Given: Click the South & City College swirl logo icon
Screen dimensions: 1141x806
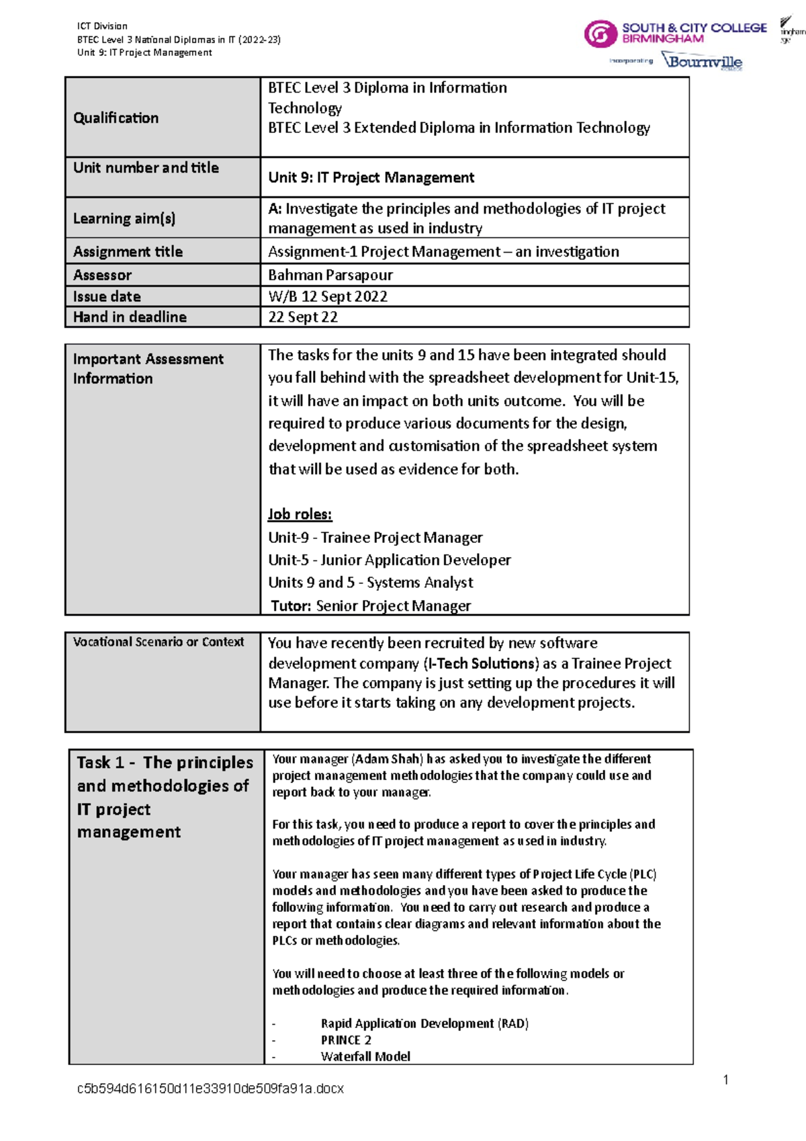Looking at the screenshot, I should pyautogui.click(x=600, y=34).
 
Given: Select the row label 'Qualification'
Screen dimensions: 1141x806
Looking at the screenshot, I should pyautogui.click(x=116, y=118).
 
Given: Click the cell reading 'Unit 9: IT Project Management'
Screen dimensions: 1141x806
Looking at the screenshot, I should pyautogui.click(x=371, y=177).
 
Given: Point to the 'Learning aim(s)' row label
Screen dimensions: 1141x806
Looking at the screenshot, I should pyautogui.click(x=124, y=218).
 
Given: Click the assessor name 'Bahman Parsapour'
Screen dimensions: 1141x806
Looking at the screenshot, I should pyautogui.click(x=330, y=275).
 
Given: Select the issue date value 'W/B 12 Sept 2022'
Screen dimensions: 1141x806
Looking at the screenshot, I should pyautogui.click(x=327, y=296).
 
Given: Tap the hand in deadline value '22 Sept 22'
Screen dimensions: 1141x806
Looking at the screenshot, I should pyautogui.click(x=302, y=317).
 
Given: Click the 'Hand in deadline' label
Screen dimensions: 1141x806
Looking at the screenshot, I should pyautogui.click(x=130, y=317).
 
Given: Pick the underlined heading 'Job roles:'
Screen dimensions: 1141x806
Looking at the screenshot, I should pyautogui.click(x=300, y=515).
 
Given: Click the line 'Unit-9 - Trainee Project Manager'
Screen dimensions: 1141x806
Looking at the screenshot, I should pyautogui.click(x=375, y=538).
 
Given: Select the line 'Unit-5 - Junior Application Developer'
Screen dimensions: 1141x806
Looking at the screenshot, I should pyautogui.click(x=389, y=560).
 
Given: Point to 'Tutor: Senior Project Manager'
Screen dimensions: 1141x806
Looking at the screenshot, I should pyautogui.click(x=370, y=606).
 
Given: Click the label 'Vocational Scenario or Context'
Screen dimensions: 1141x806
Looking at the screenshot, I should pyautogui.click(x=159, y=642).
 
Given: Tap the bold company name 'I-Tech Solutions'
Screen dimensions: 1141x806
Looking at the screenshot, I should pyautogui.click(x=481, y=663).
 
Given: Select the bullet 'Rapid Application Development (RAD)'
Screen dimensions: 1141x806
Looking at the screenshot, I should pyautogui.click(x=424, y=1023).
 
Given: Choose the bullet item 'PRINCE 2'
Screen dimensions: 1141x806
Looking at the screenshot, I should pyautogui.click(x=346, y=1040).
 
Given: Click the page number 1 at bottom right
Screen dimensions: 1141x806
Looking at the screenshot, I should pyautogui.click(x=725, y=1080).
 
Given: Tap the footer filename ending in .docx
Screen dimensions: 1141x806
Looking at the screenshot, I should pyautogui.click(x=210, y=1089).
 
